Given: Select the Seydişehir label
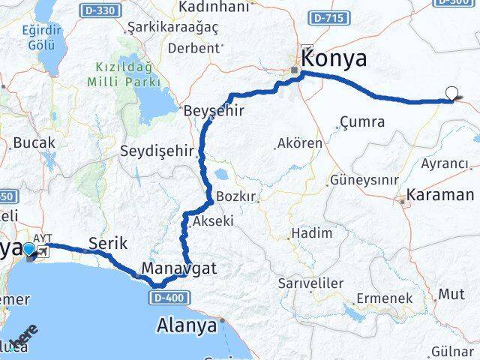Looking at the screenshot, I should pyautogui.click(x=156, y=151).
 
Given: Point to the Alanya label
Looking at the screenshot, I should pyautogui.click(x=187, y=325).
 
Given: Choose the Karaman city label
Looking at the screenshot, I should pyautogui.click(x=440, y=195).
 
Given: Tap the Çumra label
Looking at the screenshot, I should pyautogui.click(x=362, y=121).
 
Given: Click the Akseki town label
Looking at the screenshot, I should pyautogui.click(x=214, y=221).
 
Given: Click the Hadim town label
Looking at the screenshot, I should pyautogui.click(x=311, y=233).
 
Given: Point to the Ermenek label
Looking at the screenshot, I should pyautogui.click(x=385, y=298).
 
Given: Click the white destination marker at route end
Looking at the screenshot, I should pyautogui.click(x=451, y=94).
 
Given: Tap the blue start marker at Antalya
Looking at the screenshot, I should pyautogui.click(x=29, y=250).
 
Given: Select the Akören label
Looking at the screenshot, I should pyautogui.click(x=300, y=143).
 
